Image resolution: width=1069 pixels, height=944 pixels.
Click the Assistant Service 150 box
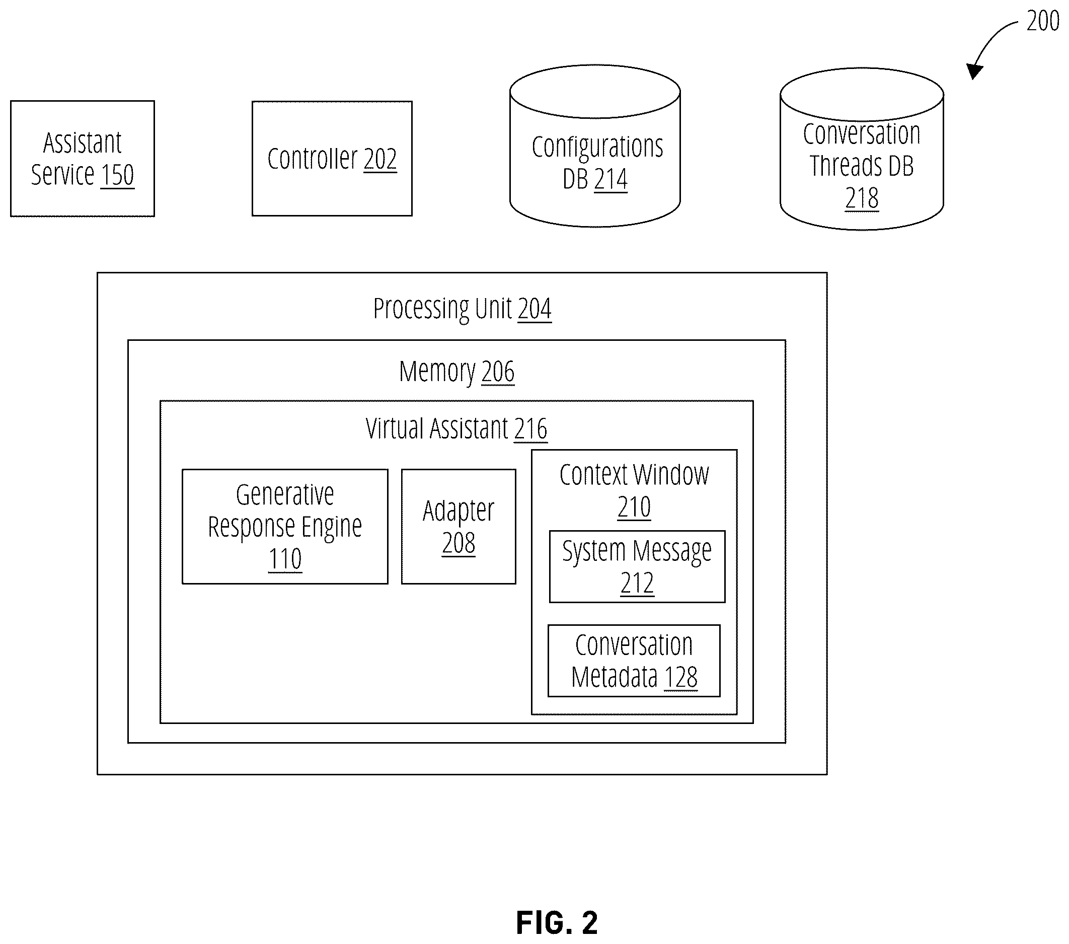[x=82, y=159]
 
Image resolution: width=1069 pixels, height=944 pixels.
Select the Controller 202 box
[x=332, y=159]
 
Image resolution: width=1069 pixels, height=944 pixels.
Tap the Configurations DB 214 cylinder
[x=595, y=146]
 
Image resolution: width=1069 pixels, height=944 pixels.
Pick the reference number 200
[x=1043, y=21]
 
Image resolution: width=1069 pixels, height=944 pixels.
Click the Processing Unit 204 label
[x=463, y=308]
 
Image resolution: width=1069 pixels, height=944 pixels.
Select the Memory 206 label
[x=456, y=372]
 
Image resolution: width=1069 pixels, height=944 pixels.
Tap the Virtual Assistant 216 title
[x=456, y=428]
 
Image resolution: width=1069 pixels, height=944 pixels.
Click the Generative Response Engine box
[x=285, y=527]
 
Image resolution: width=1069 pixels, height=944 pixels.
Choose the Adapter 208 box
[x=459, y=527]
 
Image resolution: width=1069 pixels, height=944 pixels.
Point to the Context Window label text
[x=634, y=475]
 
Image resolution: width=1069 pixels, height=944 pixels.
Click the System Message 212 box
[x=637, y=567]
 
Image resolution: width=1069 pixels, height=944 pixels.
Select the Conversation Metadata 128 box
[x=634, y=661]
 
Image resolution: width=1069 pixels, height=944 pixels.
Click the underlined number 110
[x=285, y=559]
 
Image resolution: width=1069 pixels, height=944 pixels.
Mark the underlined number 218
[x=862, y=198]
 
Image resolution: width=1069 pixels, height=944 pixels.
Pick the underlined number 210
[x=634, y=507]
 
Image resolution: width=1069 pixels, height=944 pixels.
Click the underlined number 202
[x=380, y=159]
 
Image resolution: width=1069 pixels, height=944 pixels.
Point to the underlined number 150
[x=118, y=175]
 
